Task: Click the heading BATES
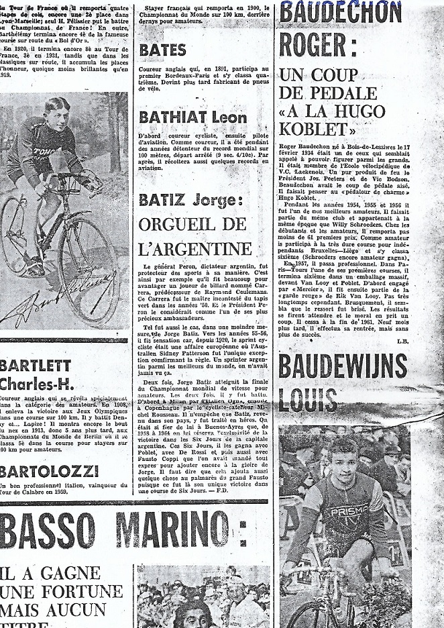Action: [162, 50]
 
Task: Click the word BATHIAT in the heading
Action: [174, 117]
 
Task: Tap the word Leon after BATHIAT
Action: [229, 117]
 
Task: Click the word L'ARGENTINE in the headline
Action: [195, 248]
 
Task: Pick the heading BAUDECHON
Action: [340, 11]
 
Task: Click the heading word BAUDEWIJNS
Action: [343, 366]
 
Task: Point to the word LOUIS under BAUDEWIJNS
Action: [308, 401]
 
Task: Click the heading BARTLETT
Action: [35, 366]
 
